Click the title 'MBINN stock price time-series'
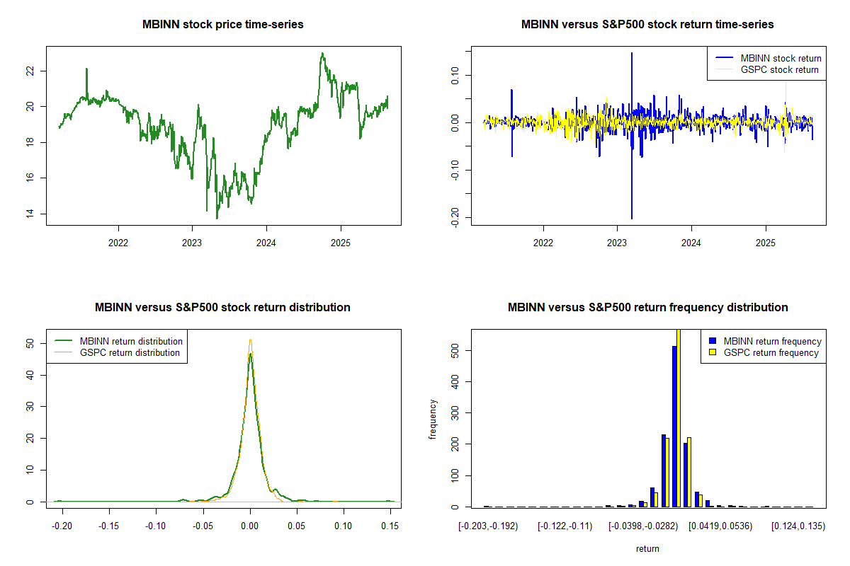pos(223,25)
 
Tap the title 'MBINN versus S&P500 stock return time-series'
pos(647,25)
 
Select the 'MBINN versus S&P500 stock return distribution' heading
pos(222,308)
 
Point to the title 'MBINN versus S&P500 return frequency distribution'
pos(647,308)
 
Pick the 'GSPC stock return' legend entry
pos(779,69)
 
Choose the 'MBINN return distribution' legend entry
pos(131,341)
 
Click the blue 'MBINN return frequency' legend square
pos(713,341)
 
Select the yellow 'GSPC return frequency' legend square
pos(713,352)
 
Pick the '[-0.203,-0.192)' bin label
pos(488,527)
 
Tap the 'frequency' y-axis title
pos(433,419)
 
